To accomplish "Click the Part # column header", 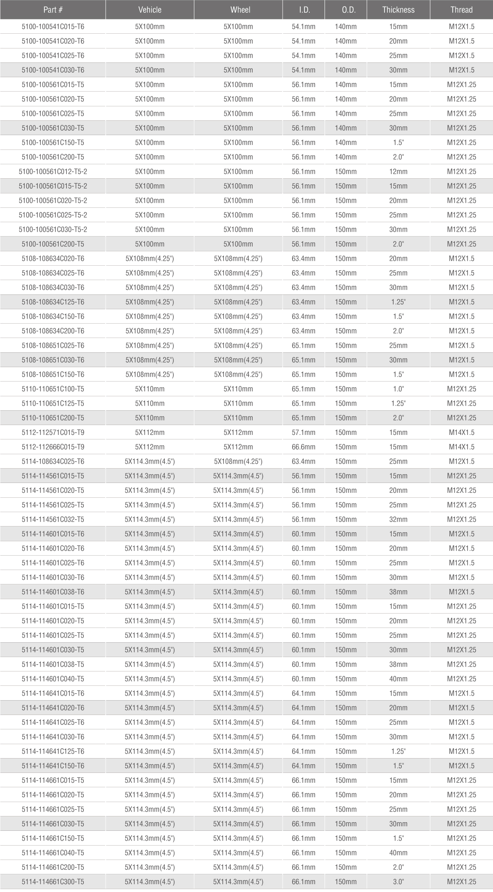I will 53,10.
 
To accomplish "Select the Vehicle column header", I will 150,10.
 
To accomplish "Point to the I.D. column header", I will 304,10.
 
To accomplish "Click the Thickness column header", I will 398,10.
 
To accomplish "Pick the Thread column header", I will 461,10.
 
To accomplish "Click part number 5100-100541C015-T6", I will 53,27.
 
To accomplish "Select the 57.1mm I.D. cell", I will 304,432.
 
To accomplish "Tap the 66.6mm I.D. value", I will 304,447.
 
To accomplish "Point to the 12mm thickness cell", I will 398,172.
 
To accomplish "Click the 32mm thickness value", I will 398,520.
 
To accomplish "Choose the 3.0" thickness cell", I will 398,882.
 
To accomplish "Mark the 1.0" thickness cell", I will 398,389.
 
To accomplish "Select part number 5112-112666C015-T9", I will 53,447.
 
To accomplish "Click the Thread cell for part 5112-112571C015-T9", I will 461,432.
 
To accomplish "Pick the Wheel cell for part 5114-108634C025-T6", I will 238,461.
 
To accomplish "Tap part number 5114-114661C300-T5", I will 53,882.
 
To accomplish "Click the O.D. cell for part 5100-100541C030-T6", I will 346,70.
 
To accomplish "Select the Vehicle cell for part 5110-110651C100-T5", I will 150,389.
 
